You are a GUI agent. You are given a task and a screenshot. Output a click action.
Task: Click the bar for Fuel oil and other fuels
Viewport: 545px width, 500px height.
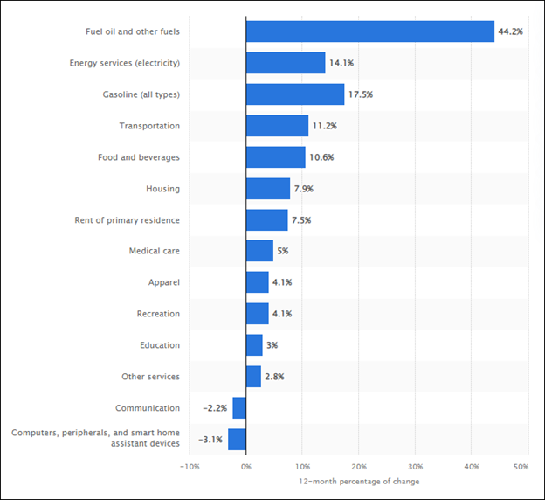click(369, 31)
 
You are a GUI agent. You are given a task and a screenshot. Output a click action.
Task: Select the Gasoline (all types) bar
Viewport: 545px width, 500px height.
click(295, 94)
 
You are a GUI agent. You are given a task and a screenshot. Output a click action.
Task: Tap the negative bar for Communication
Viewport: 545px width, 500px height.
click(239, 408)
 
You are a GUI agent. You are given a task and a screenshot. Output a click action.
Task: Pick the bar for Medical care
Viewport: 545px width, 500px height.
click(259, 251)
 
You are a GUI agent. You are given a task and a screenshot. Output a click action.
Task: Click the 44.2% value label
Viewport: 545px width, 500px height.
click(510, 31)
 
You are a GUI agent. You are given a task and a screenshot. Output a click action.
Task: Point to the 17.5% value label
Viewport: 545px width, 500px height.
click(360, 94)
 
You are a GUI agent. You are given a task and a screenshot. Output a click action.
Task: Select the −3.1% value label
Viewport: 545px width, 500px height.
click(210, 440)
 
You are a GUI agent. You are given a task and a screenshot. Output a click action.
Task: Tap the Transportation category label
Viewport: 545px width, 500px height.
click(149, 126)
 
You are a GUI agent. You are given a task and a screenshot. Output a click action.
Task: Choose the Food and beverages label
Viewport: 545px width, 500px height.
click(139, 157)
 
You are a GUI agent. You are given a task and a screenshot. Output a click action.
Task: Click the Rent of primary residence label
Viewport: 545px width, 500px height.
click(128, 220)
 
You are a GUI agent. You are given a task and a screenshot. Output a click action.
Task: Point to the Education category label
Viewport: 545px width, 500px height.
click(160, 345)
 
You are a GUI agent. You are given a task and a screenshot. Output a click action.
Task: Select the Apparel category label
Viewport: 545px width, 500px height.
click(164, 282)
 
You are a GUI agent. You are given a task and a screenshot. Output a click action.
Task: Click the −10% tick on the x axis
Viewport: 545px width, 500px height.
click(190, 467)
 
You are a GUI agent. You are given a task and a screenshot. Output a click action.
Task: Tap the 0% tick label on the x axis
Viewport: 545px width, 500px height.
click(246, 467)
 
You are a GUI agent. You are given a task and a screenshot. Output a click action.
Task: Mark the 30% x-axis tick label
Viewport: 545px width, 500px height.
click(415, 467)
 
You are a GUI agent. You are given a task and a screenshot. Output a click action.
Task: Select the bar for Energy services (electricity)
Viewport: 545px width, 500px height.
click(286, 63)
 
